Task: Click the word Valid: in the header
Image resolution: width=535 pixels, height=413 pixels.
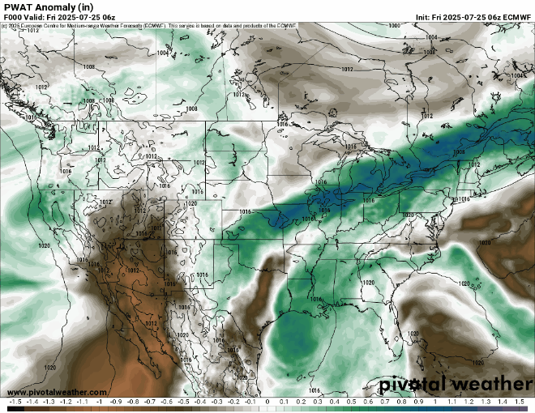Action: [x=37, y=17]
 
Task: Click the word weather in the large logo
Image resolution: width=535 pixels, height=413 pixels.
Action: [x=488, y=383]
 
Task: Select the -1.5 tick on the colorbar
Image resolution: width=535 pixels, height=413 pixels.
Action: [x=15, y=402]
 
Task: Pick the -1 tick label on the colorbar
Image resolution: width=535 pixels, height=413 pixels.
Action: [x=99, y=402]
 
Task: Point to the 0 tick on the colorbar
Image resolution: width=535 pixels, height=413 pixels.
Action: [x=267, y=402]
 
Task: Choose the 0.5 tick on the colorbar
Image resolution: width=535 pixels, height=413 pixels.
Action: [x=352, y=402]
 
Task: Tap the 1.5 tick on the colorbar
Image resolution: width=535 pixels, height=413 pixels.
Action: [x=519, y=402]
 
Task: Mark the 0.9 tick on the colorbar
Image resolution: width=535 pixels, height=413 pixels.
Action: [x=418, y=402]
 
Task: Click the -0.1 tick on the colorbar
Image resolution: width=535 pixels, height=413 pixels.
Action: [x=250, y=402]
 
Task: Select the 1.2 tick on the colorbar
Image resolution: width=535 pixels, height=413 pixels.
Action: [x=469, y=402]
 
